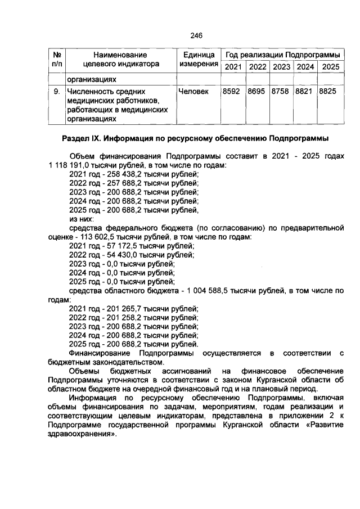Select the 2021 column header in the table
pyautogui.click(x=233, y=67)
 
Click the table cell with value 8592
pyautogui.click(x=232, y=91)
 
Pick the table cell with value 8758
pyautogui.click(x=281, y=91)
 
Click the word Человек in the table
pyautogui.click(x=192, y=91)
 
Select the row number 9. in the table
pyautogui.click(x=56, y=91)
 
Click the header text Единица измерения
pyautogui.click(x=199, y=60)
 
